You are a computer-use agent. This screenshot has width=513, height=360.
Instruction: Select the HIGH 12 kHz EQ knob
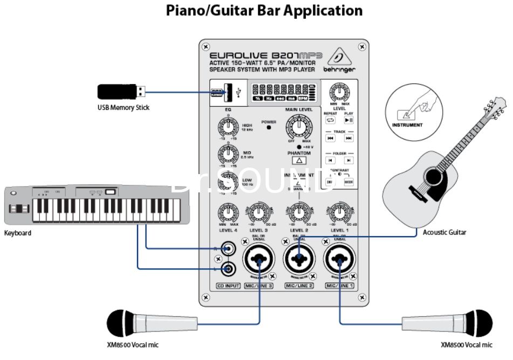click(x=228, y=128)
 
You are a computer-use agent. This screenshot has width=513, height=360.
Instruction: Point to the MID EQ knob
click(x=228, y=155)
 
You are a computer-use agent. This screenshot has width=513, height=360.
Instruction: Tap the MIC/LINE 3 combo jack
click(x=259, y=261)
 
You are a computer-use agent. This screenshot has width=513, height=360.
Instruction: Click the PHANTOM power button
click(x=300, y=160)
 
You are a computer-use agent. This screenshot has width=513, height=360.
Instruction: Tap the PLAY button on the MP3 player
click(x=348, y=120)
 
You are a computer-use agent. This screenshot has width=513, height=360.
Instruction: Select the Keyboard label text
click(x=17, y=233)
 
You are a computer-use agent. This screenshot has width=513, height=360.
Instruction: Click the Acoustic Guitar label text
click(x=444, y=232)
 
